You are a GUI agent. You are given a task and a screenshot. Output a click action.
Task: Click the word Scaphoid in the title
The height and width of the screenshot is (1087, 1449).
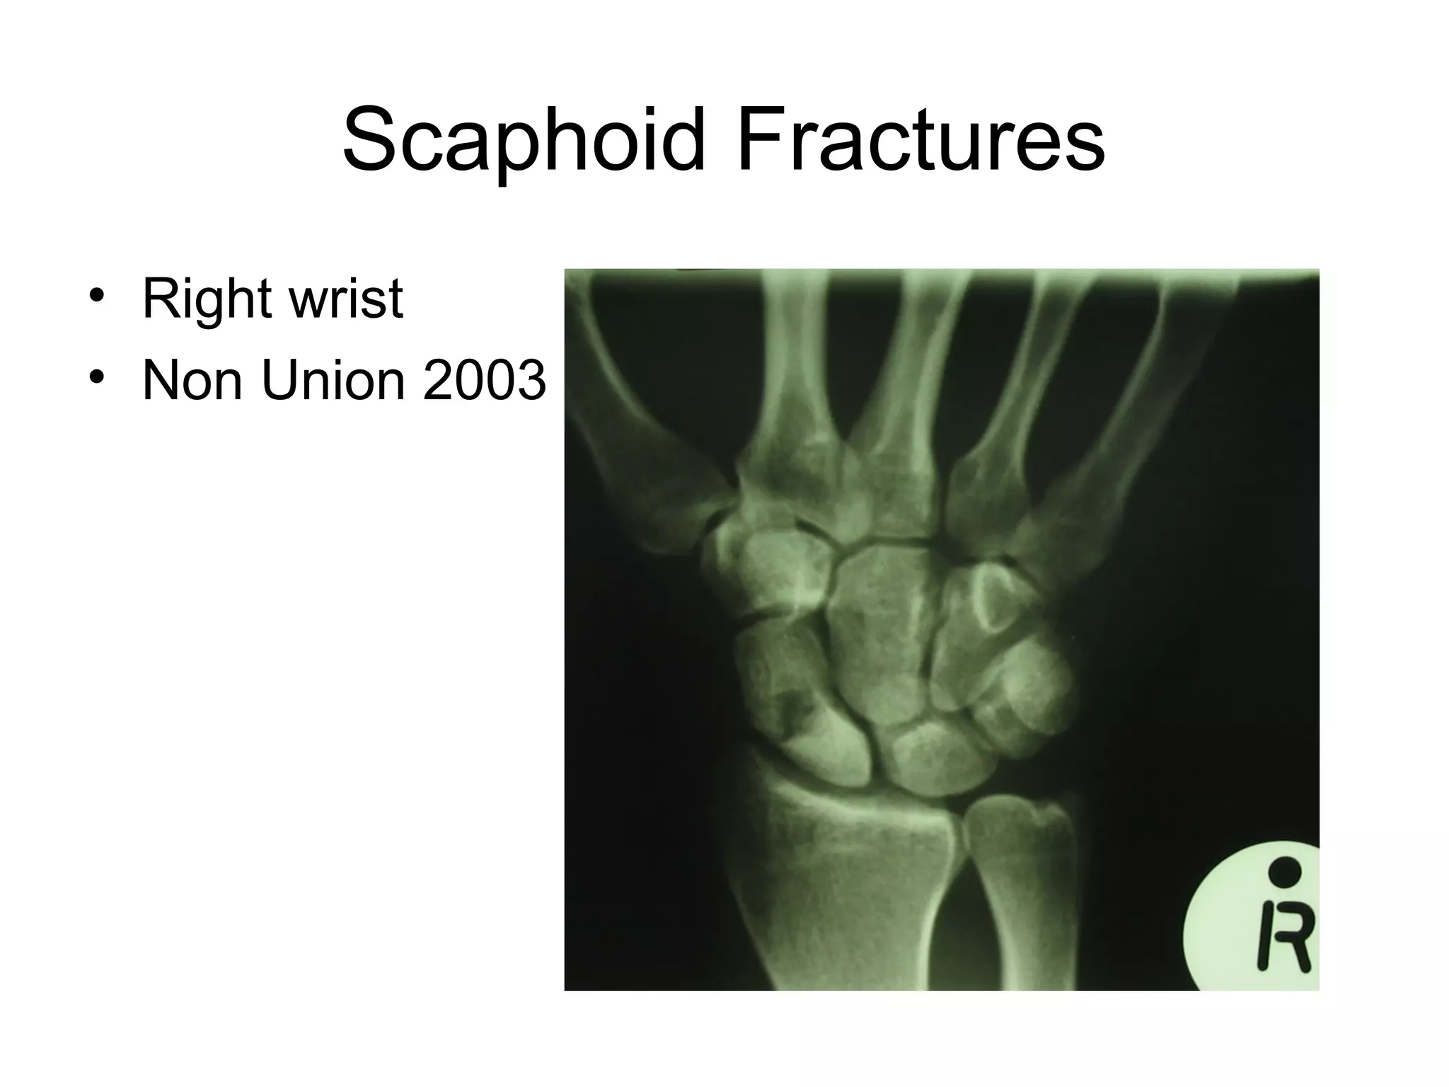pyautogui.click(x=524, y=140)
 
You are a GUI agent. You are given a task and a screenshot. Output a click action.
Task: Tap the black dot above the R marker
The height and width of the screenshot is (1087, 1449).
pyautogui.click(x=1285, y=870)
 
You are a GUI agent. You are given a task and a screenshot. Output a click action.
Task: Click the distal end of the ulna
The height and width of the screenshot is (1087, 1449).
pyautogui.click(x=1019, y=842)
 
